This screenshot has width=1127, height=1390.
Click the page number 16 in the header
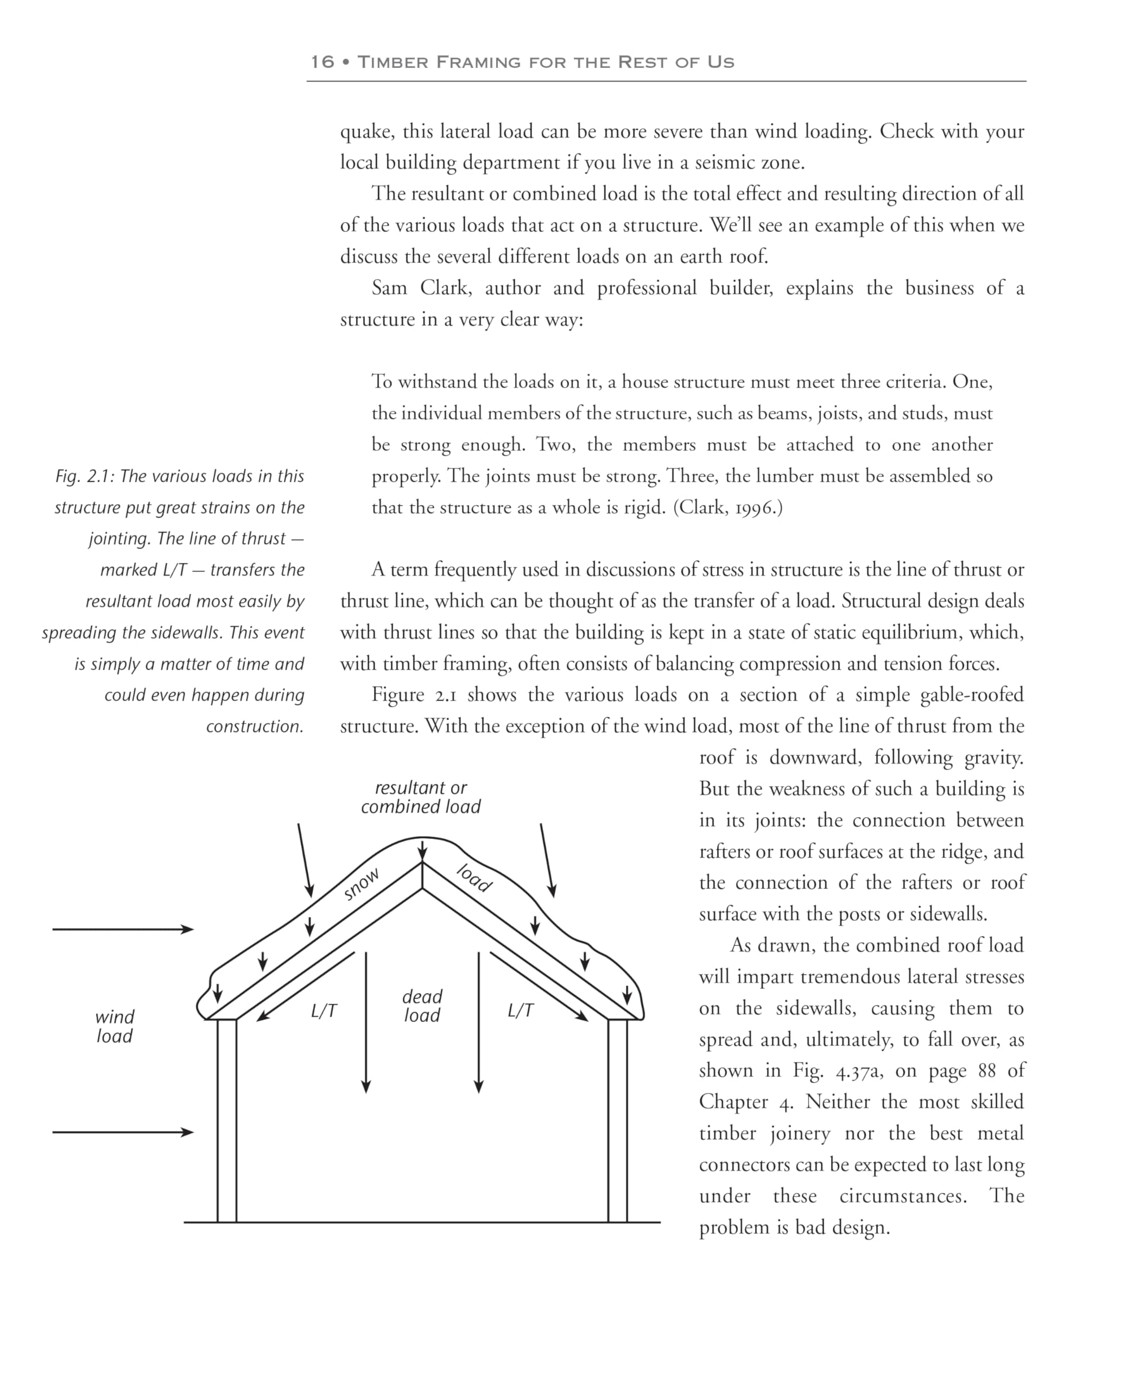pos(322,62)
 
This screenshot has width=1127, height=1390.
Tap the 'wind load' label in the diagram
pos(115,1026)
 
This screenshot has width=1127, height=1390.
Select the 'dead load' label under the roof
pos(422,1006)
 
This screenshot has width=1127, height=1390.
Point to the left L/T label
pos(324,1011)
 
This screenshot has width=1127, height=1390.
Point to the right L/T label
pos(521,1010)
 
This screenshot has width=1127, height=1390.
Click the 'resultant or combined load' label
pos(421,797)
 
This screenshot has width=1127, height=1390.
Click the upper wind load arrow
pos(123,930)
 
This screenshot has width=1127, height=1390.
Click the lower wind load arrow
pos(123,1132)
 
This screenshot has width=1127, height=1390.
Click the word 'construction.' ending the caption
pos(255,726)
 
